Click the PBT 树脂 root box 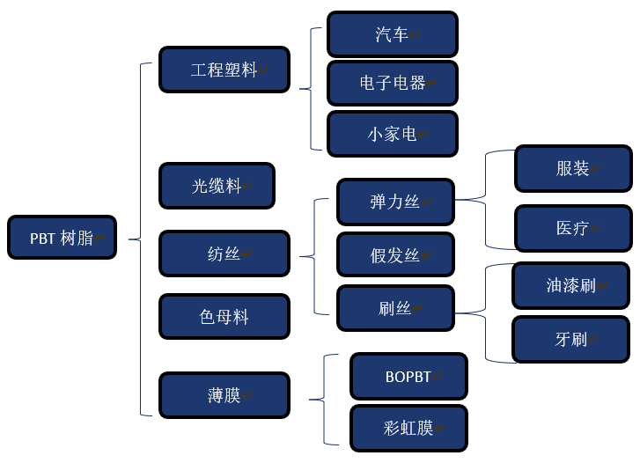coord(62,238)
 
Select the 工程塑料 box coord(224,70)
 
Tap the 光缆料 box coord(217,186)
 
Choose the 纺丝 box coord(224,254)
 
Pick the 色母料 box coord(224,317)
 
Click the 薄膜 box coord(224,395)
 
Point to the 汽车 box coord(392,34)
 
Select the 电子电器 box coord(392,83)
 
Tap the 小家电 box coord(392,134)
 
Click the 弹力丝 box coord(395,202)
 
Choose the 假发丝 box coord(395,255)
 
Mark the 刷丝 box coord(395,308)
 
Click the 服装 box coord(573,168)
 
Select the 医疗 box coord(573,228)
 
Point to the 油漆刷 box coord(570,285)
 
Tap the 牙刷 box coord(570,339)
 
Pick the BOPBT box coord(408,377)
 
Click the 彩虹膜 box coord(408,429)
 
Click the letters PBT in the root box coord(42,239)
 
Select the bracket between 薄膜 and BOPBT coord(324,399)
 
